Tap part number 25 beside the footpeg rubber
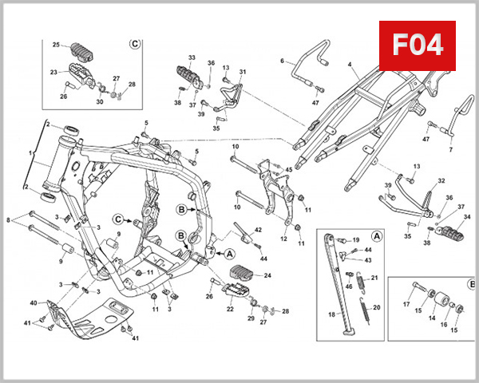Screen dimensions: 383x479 tap(56, 45)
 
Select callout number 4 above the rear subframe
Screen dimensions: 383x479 tap(349, 63)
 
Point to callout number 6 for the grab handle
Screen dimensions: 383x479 tap(282, 61)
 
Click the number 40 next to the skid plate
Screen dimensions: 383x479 tap(34, 303)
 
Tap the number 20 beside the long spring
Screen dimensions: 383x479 tap(378, 307)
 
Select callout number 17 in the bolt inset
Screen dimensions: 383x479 tap(406, 303)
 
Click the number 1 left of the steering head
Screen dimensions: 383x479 tap(31, 152)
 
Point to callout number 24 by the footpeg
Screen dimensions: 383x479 tap(267, 275)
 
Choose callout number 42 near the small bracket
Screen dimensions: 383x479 tap(258, 230)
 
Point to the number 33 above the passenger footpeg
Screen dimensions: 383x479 tap(192, 58)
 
